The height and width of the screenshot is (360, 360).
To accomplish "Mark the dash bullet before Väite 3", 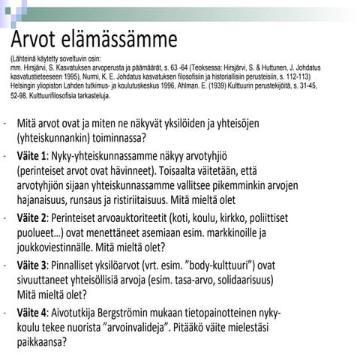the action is (5, 265).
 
